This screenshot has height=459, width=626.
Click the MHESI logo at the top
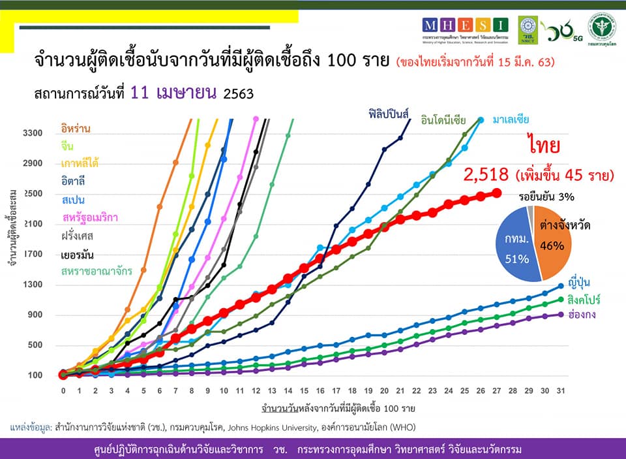point(465,27)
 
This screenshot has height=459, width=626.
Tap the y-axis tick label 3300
point(33,134)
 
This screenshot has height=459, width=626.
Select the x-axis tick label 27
point(496,390)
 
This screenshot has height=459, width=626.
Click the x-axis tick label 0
point(63,390)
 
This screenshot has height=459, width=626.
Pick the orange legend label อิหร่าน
point(76,129)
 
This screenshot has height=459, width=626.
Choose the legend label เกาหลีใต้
point(80,163)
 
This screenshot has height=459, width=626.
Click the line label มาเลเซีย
point(511,119)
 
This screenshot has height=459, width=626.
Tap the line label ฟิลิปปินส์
point(387,114)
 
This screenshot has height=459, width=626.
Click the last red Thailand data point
point(496,193)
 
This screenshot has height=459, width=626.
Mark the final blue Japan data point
point(561,286)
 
